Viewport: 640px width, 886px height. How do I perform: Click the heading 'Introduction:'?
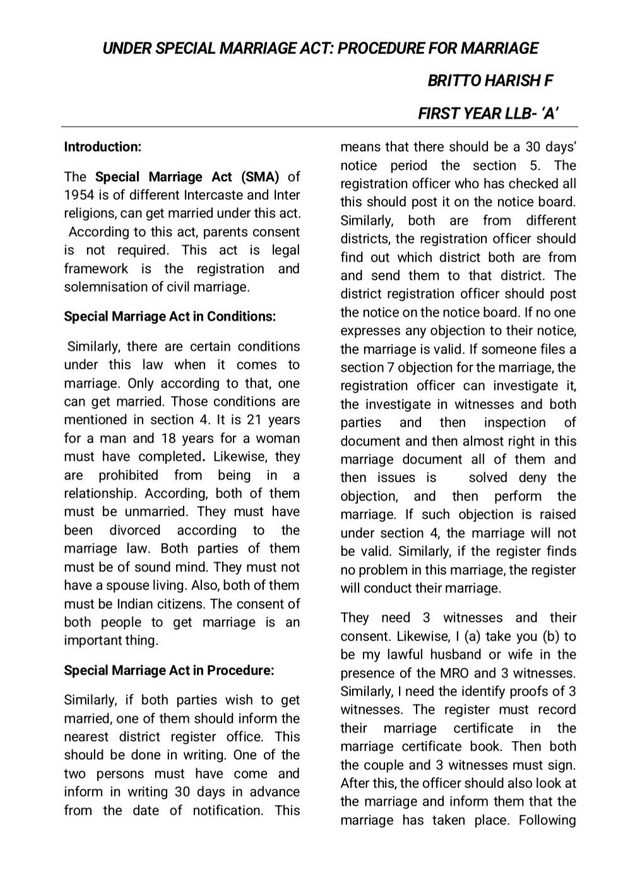pos(102,147)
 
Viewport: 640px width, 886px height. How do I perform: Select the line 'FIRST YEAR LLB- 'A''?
pos(489,114)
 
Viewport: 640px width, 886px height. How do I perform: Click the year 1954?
pos(80,195)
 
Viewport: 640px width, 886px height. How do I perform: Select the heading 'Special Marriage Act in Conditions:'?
pos(170,316)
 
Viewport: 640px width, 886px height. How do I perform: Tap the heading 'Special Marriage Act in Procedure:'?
pos(169,670)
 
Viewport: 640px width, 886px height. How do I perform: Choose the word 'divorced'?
pos(134,530)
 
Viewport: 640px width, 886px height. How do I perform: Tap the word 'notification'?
pos(227,810)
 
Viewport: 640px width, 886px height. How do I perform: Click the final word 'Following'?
pos(547,820)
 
